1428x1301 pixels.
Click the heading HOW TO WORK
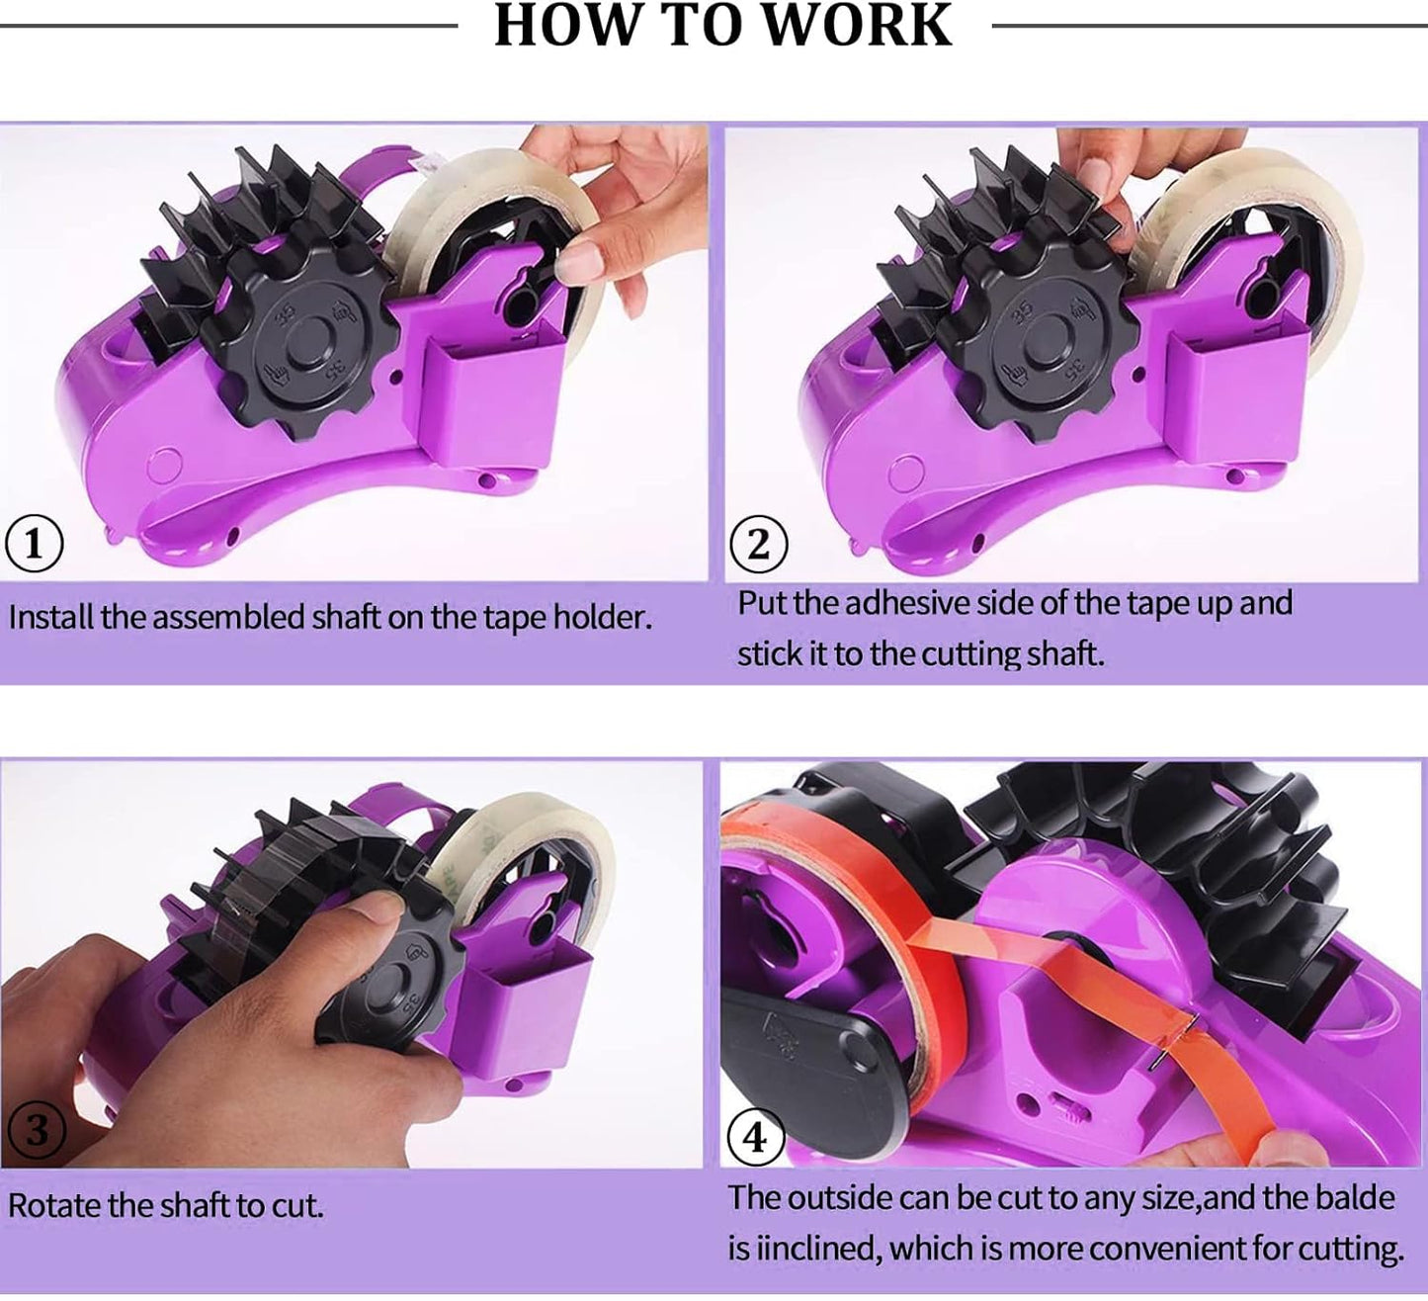click(722, 26)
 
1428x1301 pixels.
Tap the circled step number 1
click(34, 544)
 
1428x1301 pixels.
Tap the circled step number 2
click(758, 544)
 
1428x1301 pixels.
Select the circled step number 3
click(37, 1129)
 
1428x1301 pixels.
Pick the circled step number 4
click(755, 1138)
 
